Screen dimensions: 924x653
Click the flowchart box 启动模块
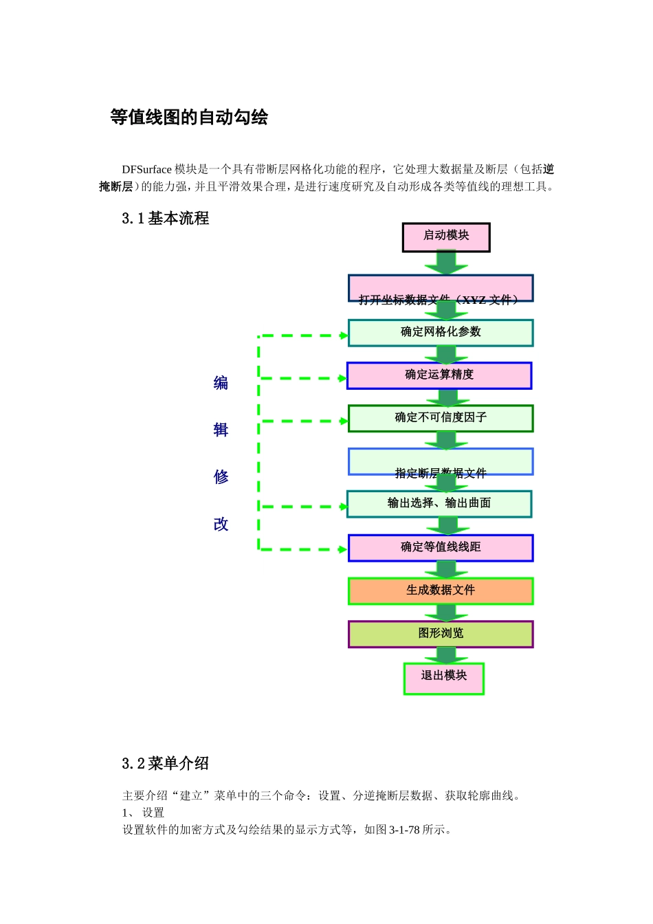446,237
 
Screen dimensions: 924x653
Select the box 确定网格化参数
441,333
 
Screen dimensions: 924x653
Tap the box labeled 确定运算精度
439,375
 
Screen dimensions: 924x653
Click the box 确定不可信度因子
441,418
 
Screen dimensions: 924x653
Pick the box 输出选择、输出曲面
439,504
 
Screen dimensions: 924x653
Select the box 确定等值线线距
441,548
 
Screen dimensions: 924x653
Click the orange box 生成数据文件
441,591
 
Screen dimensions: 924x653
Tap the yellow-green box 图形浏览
441,634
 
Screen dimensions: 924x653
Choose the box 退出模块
444,678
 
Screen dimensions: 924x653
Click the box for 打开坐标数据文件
441,288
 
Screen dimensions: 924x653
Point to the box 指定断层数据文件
441,461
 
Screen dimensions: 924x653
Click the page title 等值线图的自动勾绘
189,118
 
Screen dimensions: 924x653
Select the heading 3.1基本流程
166,219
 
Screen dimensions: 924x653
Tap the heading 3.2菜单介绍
166,763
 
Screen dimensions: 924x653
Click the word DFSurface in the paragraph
146,169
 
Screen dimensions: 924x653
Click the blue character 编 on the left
221,383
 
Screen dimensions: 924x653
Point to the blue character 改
221,525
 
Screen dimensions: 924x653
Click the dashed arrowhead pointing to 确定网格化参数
344,335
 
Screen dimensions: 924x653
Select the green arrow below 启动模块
446,263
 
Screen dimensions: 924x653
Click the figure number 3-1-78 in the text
404,830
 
